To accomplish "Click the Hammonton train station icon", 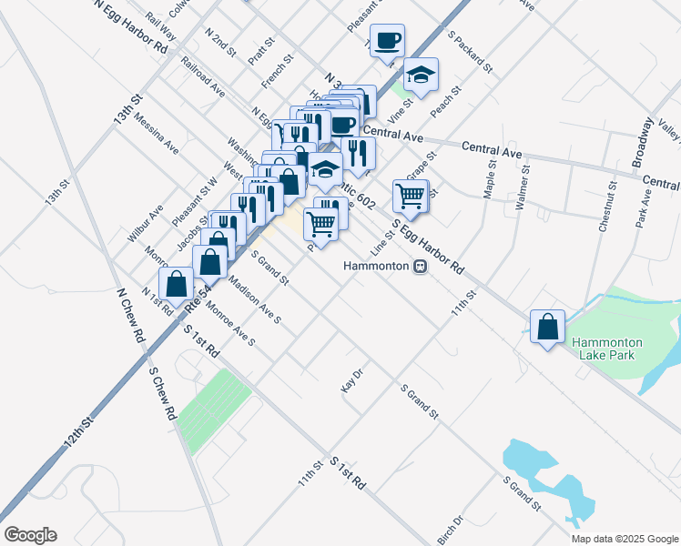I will [x=420, y=267].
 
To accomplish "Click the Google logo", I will [x=30, y=535].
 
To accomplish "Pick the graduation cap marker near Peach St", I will [x=421, y=75].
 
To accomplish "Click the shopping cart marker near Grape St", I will [x=411, y=195].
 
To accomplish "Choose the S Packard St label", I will [x=470, y=53].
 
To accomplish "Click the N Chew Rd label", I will [x=131, y=315].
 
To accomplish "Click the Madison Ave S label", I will [x=256, y=301].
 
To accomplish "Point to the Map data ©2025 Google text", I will [x=625, y=539].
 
